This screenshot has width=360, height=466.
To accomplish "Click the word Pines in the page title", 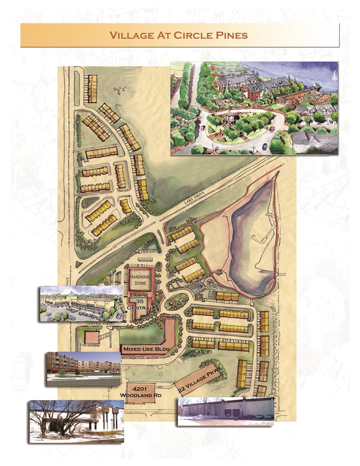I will point(231,35).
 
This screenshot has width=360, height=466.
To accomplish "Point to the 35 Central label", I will point(140,305).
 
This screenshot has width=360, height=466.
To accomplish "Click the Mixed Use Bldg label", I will point(146,349).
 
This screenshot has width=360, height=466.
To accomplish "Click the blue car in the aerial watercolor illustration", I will point(265,146).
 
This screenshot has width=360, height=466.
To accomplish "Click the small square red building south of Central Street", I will point(90,338).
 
